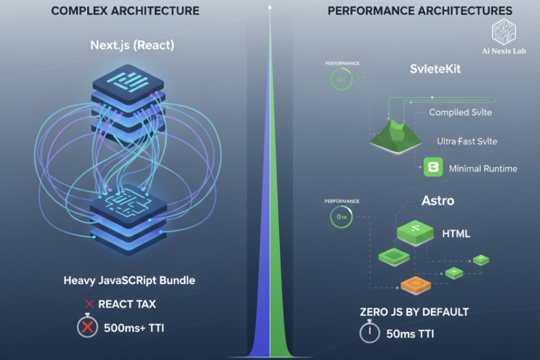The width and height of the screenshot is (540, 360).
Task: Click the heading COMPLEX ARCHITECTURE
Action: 126,11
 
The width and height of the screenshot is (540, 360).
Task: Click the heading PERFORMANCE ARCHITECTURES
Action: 420,11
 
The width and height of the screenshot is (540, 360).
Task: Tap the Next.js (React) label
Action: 132,45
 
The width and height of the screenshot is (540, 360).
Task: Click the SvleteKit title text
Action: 435,69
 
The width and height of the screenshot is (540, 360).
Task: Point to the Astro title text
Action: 438,201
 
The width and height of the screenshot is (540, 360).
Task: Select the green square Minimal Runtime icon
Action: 433,168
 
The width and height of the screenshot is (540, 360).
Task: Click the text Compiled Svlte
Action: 460,112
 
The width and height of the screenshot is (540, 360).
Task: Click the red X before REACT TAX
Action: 89,304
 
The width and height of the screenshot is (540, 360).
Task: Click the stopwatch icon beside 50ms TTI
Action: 370,333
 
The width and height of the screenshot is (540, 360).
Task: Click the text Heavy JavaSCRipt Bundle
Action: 129,280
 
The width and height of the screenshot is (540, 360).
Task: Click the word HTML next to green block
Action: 456,233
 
